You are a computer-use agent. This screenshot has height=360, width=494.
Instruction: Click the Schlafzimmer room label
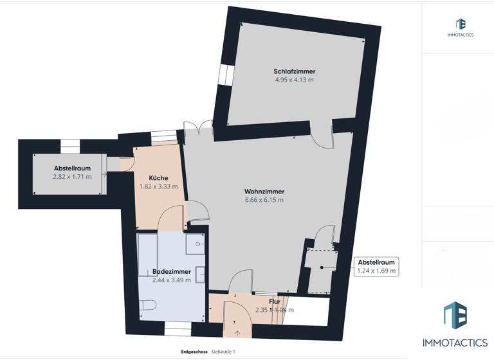pyautogui.click(x=294, y=71)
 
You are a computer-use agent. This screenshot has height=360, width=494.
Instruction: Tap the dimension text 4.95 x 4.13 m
pyautogui.click(x=294, y=80)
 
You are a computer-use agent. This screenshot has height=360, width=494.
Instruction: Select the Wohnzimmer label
pyautogui.click(x=264, y=192)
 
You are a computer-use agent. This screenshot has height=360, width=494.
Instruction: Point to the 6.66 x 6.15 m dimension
pyautogui.click(x=264, y=200)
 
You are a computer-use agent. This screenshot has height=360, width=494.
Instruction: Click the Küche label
pyautogui.click(x=158, y=178)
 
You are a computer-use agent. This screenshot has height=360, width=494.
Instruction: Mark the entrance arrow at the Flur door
pyautogui.click(x=237, y=333)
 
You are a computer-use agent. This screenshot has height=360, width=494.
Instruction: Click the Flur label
pyautogui.click(x=275, y=301)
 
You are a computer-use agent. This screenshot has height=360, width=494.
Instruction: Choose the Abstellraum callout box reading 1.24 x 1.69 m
pyautogui.click(x=376, y=266)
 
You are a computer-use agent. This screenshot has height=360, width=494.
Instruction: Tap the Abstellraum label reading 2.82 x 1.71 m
pyautogui.click(x=72, y=172)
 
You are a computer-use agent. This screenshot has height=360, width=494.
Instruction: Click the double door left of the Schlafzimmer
pyautogui.click(x=197, y=127)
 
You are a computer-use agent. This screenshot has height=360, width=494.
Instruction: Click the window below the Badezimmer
pyautogui.click(x=178, y=332)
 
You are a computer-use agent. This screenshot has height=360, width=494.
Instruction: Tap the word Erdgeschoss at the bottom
pyautogui.click(x=194, y=352)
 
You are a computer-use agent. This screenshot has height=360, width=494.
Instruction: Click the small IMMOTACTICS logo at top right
pyautogui.click(x=460, y=28)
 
